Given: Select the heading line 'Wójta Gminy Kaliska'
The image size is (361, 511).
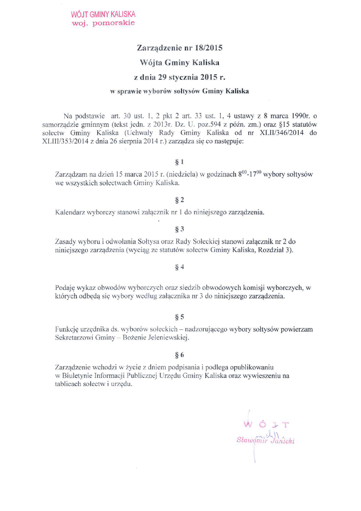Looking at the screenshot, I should (180, 63).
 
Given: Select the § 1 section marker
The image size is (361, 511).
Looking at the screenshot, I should (180, 162).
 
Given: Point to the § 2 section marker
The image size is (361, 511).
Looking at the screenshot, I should (180, 200).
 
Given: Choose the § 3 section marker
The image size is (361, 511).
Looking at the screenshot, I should (180, 230).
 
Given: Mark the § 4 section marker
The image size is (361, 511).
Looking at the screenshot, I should (180, 267).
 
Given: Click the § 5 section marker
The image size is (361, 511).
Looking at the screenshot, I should (180, 317).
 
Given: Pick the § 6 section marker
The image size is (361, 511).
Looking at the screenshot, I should (180, 355).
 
